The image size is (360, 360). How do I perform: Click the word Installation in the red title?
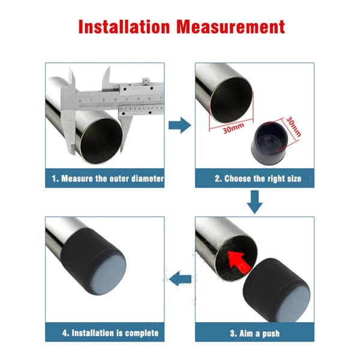point(124,27)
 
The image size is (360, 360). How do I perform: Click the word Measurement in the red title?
point(231,27)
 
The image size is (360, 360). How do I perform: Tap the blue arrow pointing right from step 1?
point(180,125)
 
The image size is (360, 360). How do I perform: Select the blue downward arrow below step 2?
point(254,202)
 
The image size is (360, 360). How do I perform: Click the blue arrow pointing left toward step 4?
point(180,279)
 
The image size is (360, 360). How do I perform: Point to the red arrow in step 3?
point(239,262)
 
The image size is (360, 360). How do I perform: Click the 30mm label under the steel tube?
point(233,128)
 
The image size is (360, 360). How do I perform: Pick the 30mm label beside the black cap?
point(293,127)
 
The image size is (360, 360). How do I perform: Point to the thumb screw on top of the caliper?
point(145,80)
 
